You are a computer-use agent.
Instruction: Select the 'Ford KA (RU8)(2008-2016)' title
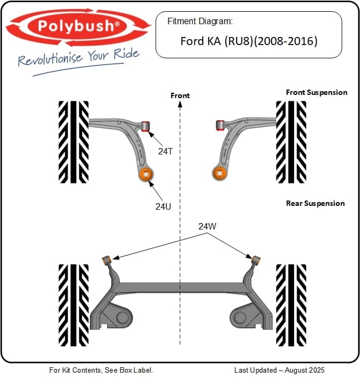click(x=248, y=40)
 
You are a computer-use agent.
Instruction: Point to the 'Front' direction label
click(x=180, y=95)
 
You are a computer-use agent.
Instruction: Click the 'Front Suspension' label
click(x=317, y=92)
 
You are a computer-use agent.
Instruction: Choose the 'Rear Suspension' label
click(x=315, y=203)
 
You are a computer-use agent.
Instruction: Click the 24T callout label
click(x=165, y=151)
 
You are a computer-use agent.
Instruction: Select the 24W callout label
click(x=207, y=226)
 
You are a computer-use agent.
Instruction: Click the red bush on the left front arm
click(x=145, y=125)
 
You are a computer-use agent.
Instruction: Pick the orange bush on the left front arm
click(x=145, y=174)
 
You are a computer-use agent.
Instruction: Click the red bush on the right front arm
click(x=219, y=125)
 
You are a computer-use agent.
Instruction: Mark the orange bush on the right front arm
click(x=218, y=173)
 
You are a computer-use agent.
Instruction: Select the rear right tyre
click(x=291, y=305)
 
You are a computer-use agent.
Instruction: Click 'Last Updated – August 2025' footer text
click(x=279, y=370)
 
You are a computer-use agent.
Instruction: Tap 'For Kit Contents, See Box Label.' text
click(x=101, y=370)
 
